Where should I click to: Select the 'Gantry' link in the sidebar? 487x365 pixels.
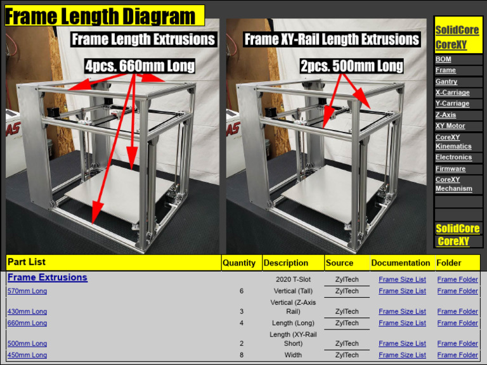[x=446, y=82]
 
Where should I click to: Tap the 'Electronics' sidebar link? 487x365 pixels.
[x=453, y=157]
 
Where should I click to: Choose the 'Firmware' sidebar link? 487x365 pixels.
[x=450, y=169]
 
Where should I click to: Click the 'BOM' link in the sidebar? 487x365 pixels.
[x=443, y=59]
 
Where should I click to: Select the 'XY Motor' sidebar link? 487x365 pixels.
[x=450, y=126]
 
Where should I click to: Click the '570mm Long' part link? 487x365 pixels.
[x=27, y=291]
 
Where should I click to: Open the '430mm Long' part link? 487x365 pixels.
[x=27, y=312]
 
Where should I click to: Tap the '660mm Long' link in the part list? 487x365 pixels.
[x=27, y=323]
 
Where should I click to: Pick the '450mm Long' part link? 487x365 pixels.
[x=27, y=355]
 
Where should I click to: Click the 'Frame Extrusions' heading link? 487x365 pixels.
[x=48, y=278]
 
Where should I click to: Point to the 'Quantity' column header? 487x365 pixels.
[x=239, y=263]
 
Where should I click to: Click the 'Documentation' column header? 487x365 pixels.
[x=400, y=263]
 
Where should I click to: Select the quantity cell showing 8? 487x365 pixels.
[x=242, y=355]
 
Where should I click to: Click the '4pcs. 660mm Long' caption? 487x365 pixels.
[x=140, y=66]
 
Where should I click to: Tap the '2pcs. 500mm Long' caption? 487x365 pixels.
[x=351, y=66]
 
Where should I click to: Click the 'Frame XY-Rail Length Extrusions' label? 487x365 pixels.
[x=332, y=39]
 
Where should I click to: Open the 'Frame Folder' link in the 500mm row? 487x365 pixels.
[x=457, y=343]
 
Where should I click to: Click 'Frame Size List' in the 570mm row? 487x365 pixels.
[x=402, y=291]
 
